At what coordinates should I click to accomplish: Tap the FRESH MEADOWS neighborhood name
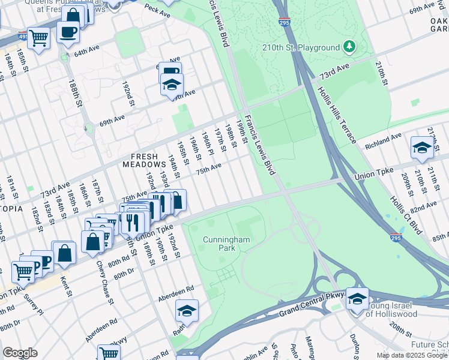(144, 159)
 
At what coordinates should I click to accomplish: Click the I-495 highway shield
(22, 35)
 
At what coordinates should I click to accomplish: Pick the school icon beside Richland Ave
(422, 148)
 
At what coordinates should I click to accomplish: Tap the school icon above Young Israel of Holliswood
(357, 298)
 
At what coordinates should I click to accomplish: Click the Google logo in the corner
(20, 353)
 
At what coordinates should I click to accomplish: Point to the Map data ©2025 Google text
(411, 355)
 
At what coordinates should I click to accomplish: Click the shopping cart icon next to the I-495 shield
(38, 38)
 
